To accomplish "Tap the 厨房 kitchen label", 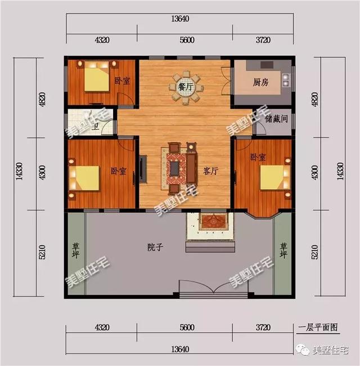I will pos(260,82).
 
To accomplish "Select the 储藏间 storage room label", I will pos(276,119).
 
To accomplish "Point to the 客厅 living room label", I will pos(210,172).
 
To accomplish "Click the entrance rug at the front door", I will pos(211,221).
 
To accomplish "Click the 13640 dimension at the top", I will pos(179,19).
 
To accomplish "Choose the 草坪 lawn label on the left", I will pos(75,250).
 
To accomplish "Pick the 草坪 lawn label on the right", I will pos(283,250).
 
